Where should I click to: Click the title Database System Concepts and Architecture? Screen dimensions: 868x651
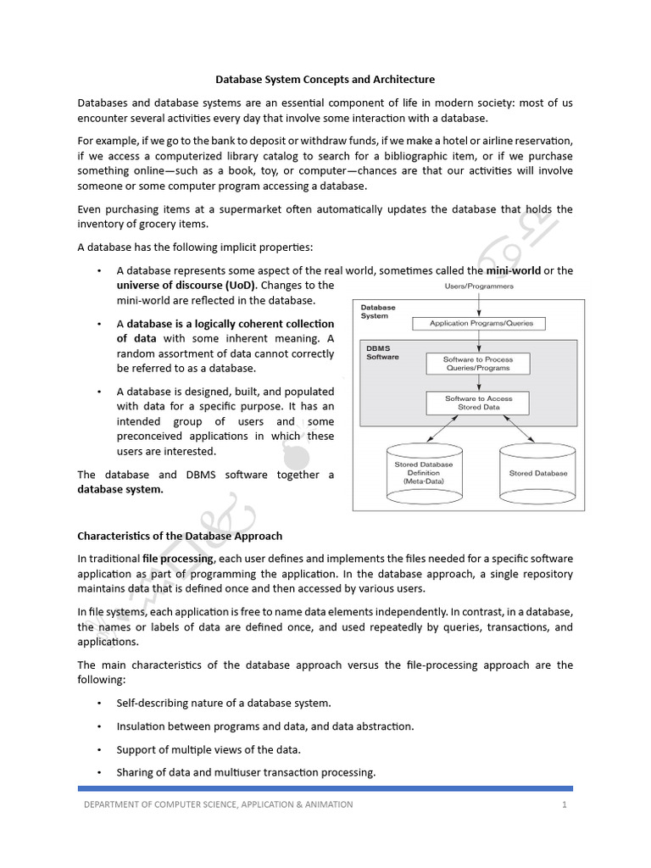(325, 80)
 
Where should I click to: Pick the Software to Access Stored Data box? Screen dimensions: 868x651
(479, 403)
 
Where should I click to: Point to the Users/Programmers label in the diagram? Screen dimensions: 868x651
(479, 287)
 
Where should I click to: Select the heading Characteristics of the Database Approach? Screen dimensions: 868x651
(180, 536)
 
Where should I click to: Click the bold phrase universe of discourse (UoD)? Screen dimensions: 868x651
(174, 286)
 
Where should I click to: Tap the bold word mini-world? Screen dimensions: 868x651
(512, 271)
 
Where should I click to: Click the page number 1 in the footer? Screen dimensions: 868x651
(564, 804)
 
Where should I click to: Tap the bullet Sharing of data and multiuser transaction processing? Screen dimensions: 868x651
(246, 772)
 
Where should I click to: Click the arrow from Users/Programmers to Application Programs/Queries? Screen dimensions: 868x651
(479, 303)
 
